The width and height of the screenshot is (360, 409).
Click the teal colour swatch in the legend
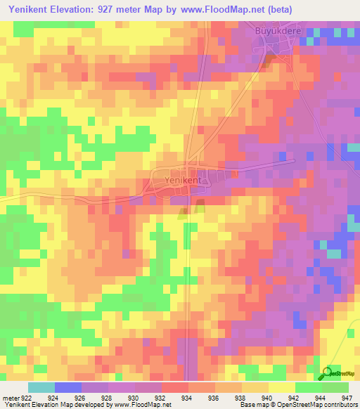41,387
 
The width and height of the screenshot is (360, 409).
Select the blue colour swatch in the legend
67,387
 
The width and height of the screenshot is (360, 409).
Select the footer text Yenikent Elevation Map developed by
48,405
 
